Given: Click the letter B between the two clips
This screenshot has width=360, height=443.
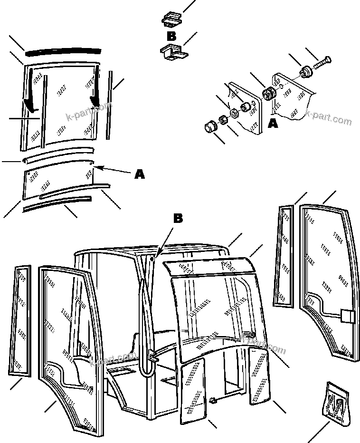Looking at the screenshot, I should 171,36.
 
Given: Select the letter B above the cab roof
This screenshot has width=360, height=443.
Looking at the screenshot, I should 178,219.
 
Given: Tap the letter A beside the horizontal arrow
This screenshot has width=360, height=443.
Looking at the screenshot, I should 140,174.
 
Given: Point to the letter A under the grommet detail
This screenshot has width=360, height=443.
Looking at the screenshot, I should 273,124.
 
